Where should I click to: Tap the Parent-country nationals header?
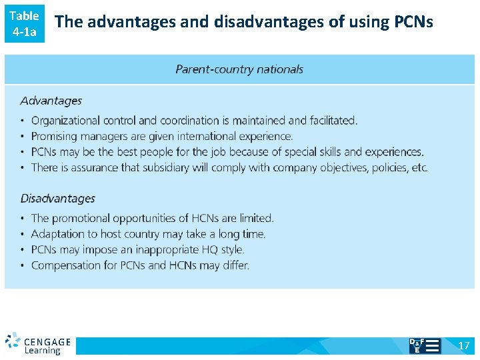click(239, 69)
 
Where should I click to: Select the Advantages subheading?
click(51, 101)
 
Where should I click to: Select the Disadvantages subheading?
click(57, 198)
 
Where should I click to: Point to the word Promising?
click(55, 136)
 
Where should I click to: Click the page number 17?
click(464, 345)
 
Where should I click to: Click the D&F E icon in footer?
click(424, 345)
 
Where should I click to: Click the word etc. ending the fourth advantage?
click(419, 167)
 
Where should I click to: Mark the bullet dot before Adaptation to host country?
click(23, 235)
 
